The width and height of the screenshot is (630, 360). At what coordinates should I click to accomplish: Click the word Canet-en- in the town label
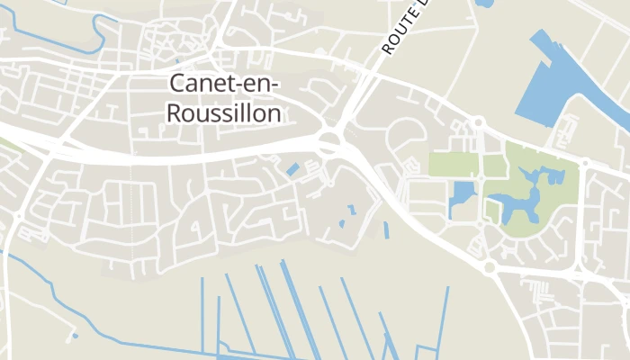coord(225,85)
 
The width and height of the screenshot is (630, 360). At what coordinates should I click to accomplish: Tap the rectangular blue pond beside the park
coord(462,197)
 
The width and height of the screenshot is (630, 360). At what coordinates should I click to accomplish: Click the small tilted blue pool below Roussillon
coord(292,168)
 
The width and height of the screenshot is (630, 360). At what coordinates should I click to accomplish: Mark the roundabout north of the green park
coord(479,121)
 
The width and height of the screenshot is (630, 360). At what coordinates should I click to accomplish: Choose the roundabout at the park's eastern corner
coord(583,164)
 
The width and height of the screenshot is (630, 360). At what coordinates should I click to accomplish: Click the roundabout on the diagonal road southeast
coord(490,266)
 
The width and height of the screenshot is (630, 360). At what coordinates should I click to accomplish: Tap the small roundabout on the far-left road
coord(18,216)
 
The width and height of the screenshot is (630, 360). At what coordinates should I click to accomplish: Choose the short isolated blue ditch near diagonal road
coord(387,230)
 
